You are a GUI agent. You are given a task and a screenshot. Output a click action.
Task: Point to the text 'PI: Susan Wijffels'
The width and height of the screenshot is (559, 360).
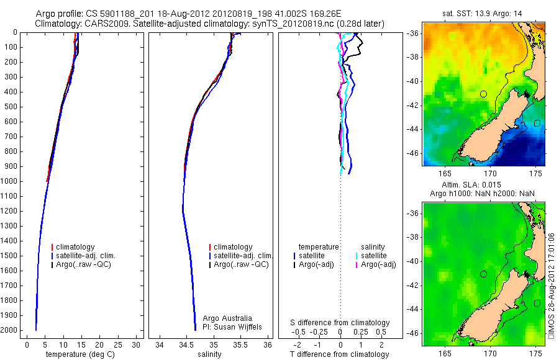233,326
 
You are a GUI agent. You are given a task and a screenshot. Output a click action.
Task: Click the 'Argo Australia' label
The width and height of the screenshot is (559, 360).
227,318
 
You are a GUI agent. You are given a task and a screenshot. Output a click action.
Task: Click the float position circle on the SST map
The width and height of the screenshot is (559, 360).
483,94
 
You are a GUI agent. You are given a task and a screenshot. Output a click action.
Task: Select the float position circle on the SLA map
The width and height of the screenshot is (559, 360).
483,274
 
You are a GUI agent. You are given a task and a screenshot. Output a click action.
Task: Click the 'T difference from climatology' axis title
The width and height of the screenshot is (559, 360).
340,354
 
